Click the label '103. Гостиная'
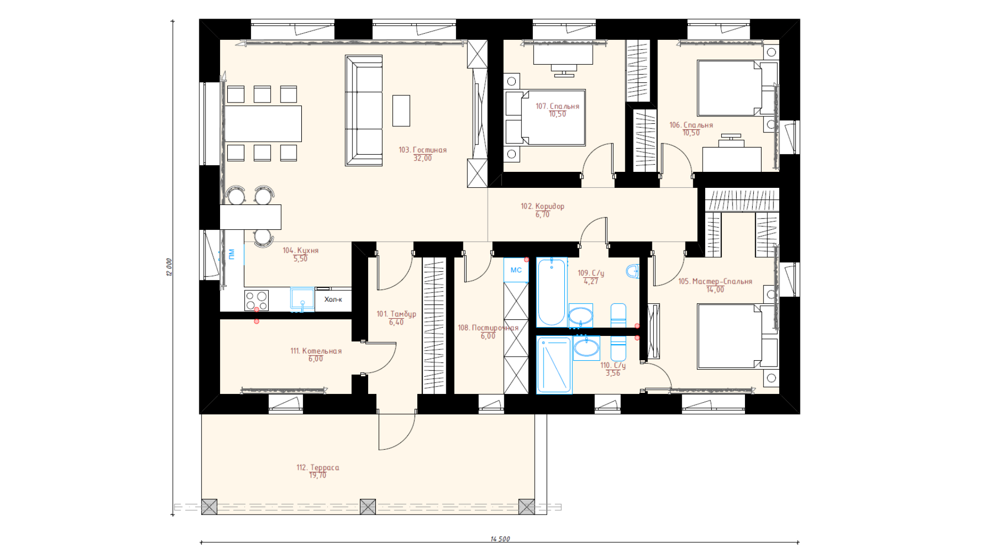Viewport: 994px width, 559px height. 422,150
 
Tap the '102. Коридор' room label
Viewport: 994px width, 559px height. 543,206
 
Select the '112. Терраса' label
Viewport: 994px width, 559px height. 318,467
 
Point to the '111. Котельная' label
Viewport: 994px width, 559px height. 316,351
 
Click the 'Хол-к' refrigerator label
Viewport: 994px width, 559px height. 333,300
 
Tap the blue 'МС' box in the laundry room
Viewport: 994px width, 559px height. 516,270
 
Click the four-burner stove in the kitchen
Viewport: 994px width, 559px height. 256,301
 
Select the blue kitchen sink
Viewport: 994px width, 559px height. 302,300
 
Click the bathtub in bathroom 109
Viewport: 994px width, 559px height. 551,292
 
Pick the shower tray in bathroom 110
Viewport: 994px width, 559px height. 554,365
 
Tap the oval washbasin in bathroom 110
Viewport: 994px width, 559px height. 586,348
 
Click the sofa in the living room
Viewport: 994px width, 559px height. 364,111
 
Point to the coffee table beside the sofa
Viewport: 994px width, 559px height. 401,111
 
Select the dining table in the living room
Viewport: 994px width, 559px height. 262,124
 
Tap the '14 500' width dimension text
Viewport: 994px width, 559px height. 500,539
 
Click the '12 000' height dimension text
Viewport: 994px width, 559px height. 169,267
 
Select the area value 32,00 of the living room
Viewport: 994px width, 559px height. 422,158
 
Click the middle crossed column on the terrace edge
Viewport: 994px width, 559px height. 368,507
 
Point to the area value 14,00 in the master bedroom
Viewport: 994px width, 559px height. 715,290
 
